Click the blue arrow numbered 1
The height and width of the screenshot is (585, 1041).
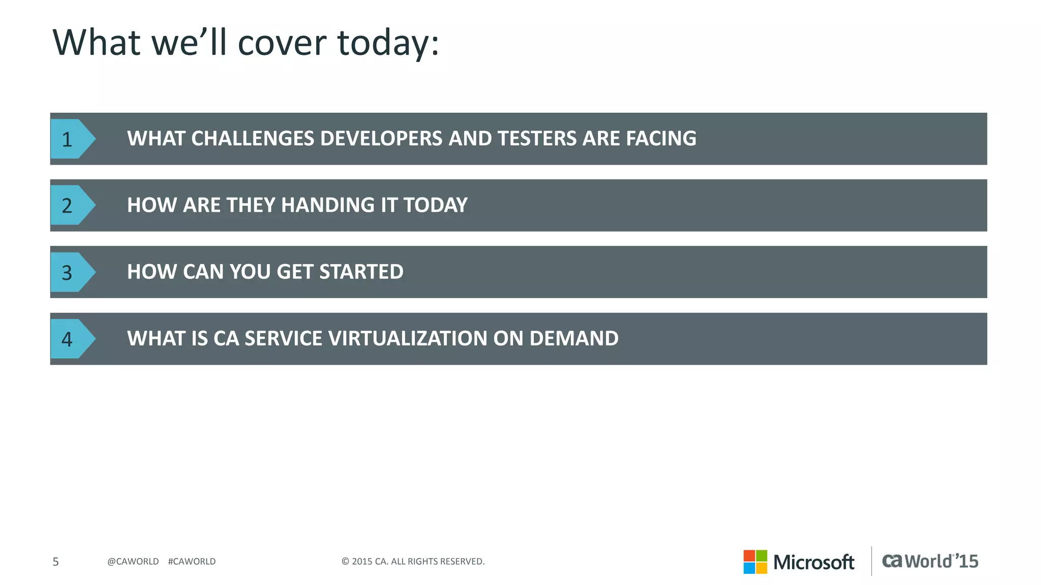(x=71, y=139)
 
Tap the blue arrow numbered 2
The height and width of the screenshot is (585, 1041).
(x=71, y=205)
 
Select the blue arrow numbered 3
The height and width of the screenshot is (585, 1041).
(x=71, y=272)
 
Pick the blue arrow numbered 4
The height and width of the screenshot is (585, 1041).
(x=71, y=339)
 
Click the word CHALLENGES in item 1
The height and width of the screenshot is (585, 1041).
(x=253, y=139)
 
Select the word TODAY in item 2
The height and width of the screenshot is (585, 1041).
(x=435, y=205)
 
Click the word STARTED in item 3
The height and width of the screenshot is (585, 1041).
(x=361, y=272)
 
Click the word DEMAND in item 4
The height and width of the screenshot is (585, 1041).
(x=574, y=339)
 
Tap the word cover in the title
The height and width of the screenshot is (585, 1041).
(x=282, y=43)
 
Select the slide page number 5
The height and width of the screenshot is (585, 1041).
(x=56, y=562)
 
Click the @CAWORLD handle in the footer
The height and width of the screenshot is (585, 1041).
(x=133, y=562)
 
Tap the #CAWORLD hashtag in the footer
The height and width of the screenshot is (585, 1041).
(x=192, y=562)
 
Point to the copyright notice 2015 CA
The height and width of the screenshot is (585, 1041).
(x=413, y=562)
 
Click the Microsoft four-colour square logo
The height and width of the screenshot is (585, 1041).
(x=755, y=562)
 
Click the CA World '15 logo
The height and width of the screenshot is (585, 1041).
(x=930, y=561)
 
